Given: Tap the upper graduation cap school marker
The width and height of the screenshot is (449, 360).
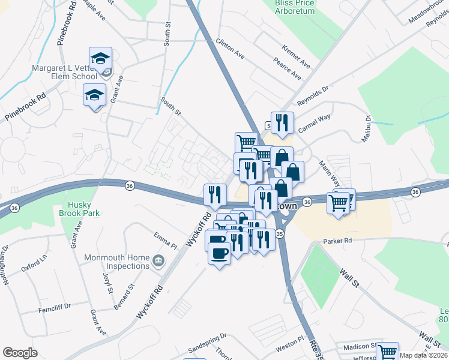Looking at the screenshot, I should point(100,59).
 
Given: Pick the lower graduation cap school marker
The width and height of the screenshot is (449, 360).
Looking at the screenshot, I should point(94,95).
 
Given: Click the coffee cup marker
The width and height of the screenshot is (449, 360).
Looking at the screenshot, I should point(219,253).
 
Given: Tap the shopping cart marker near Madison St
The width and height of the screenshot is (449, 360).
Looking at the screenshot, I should point(388,353).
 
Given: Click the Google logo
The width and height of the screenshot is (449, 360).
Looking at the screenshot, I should point(20,353).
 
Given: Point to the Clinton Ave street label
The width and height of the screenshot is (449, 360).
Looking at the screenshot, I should point(230,49).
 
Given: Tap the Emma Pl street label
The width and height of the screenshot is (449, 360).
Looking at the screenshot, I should point(166,240).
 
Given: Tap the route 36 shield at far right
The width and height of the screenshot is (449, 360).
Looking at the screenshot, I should point(415,191).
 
